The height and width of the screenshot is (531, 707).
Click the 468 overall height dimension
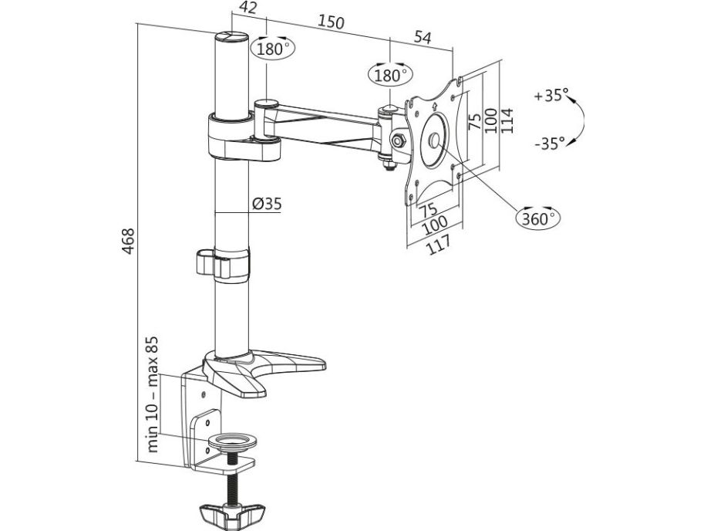(129, 241)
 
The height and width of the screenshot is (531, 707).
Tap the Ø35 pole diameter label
(267, 204)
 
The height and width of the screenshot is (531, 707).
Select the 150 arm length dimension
(331, 22)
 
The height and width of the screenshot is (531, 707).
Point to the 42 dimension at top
(248, 8)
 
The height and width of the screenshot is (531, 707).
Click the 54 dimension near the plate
(423, 37)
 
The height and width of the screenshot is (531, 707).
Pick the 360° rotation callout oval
(538, 218)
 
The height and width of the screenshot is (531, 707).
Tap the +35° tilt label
(551, 96)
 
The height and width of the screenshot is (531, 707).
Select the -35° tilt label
(550, 144)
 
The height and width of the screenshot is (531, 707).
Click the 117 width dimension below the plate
(437, 245)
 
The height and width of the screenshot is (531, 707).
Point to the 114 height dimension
(507, 120)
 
